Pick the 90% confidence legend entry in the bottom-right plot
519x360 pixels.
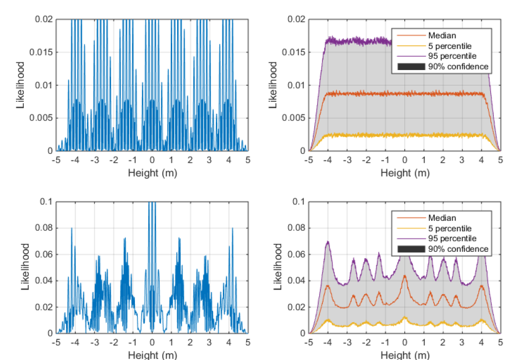coord(458,249)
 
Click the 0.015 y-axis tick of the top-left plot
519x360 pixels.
coord(43,52)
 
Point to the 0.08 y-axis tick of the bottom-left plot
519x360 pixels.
coord(46,228)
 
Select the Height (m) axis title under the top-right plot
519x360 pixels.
coord(404,173)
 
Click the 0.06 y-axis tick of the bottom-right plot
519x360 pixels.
coord(298,254)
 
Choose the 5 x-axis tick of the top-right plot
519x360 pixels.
coord(500,160)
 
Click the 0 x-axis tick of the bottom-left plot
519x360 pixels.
coord(152,343)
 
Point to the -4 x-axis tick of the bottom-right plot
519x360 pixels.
coord(328,343)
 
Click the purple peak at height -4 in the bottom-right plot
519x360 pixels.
coord(327,242)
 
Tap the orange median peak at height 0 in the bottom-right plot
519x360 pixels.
coord(404,276)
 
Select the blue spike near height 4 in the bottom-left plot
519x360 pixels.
coord(232,229)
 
